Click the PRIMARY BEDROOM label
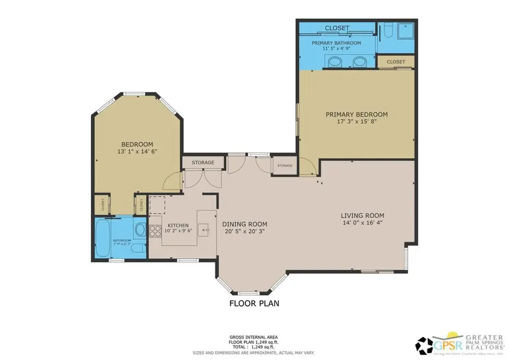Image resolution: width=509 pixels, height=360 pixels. (356, 114)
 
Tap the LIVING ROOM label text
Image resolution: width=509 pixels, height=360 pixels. (362, 215)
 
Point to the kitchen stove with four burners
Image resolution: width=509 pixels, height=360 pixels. (155, 230)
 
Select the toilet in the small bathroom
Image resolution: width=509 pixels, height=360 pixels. (139, 229)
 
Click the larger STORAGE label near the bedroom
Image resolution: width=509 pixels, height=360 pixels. (202, 163)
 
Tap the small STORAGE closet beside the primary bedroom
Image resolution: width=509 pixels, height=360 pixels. (284, 166)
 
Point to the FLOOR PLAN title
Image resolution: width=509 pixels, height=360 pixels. (254, 303)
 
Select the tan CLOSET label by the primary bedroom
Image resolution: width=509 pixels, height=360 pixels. (396, 62)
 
